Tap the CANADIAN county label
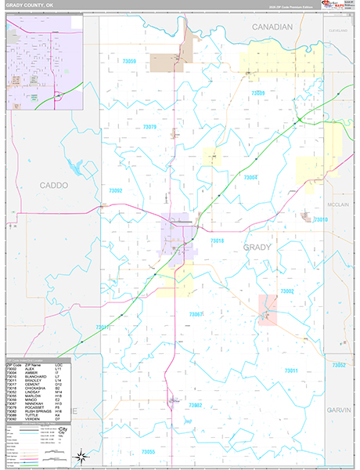click(272, 27)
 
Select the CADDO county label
click(53, 186)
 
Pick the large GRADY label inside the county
click(257, 247)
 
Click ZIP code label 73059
click(129, 61)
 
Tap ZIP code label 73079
click(149, 126)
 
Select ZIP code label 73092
click(116, 190)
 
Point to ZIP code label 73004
click(250, 178)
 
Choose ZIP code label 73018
click(217, 240)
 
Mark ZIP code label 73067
click(196, 314)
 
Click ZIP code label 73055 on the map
click(149, 452)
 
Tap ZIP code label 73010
click(321, 220)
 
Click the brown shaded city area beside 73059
click(167, 63)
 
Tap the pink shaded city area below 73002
click(268, 309)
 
